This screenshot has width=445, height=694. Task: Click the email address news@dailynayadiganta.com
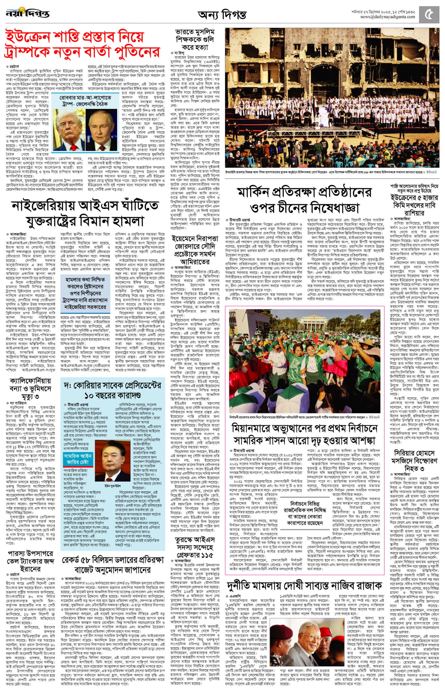387,17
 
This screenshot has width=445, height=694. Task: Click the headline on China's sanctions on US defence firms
305,200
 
